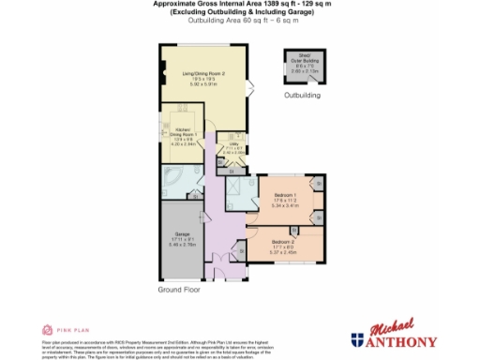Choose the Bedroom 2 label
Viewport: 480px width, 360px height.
282,243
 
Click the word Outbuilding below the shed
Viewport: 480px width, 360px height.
302,96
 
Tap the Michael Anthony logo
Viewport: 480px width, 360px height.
394,335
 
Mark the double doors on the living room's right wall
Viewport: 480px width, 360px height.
252,88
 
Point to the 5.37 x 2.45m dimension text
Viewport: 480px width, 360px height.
282,252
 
